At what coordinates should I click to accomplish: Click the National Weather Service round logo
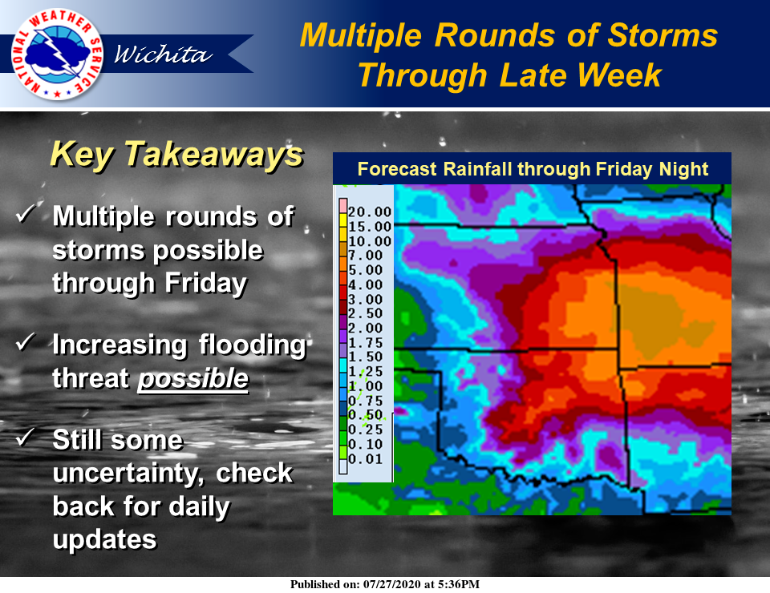(58, 54)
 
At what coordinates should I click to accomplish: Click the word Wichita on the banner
(163, 54)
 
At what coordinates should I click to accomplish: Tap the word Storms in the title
(663, 35)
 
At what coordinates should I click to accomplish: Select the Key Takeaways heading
(176, 155)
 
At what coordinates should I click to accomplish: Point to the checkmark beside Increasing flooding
(26, 341)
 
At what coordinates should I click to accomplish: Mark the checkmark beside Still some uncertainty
(26, 437)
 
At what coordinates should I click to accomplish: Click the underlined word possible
(193, 379)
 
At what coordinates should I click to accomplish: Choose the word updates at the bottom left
(104, 540)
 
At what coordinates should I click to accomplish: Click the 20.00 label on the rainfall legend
(370, 212)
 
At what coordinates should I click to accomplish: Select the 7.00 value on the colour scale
(366, 256)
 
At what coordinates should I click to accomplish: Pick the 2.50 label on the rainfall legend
(366, 313)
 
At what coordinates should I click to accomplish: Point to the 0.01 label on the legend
(366, 459)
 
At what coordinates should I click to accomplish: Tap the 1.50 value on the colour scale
(366, 357)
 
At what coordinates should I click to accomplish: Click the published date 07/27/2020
(392, 584)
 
